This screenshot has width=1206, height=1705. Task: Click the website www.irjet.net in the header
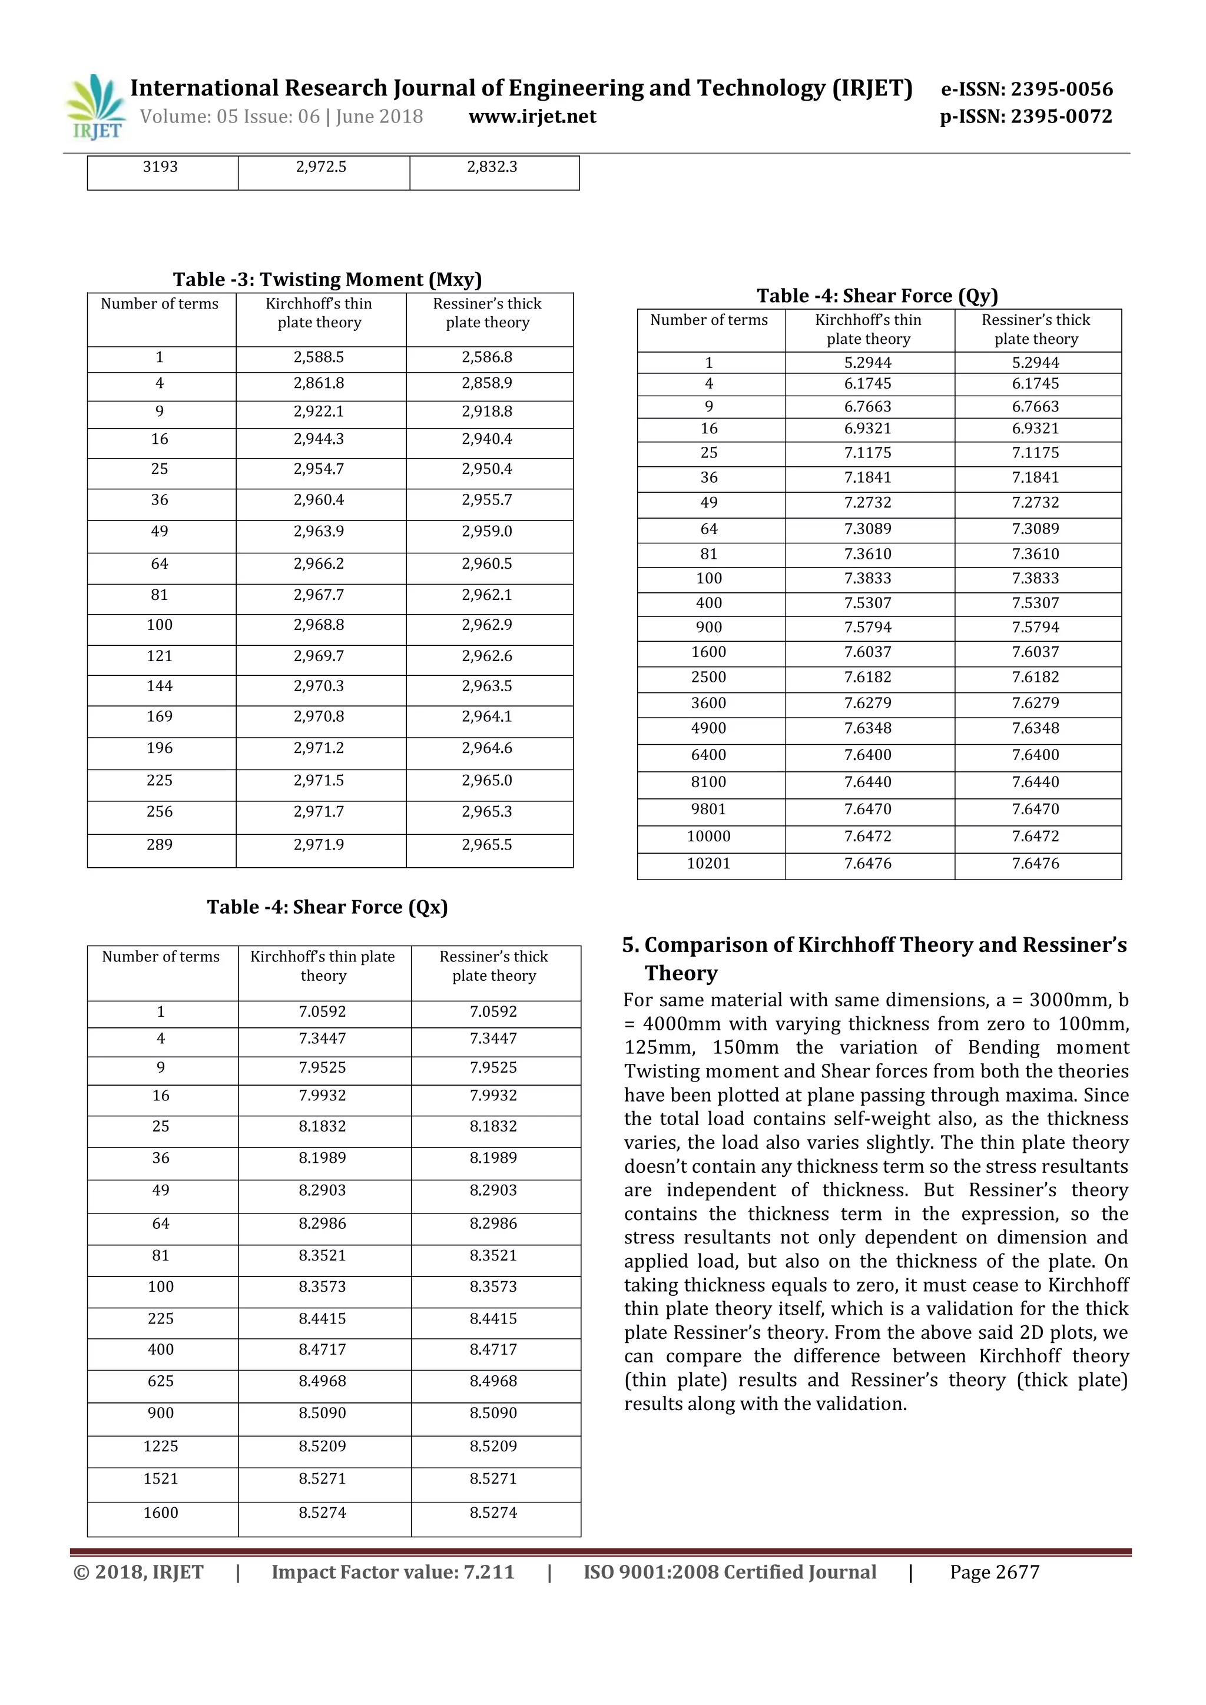click(x=532, y=117)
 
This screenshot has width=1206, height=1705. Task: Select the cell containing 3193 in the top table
click(x=160, y=167)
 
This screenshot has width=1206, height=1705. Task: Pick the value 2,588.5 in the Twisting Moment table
click(x=319, y=357)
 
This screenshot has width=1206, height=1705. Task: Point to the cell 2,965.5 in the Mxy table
click(x=486, y=844)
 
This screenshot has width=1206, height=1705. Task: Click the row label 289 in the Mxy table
click(x=160, y=844)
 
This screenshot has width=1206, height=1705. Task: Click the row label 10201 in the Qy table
click(x=708, y=863)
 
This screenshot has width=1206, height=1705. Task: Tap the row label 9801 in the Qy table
click(x=708, y=809)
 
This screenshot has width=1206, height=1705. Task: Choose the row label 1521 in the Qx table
click(x=161, y=1478)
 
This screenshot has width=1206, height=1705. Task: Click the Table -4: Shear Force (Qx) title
click(x=327, y=907)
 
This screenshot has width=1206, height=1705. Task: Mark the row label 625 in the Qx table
click(x=161, y=1381)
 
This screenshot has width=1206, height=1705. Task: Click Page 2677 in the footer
click(x=995, y=1572)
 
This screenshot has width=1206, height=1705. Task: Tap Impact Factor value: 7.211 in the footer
click(x=393, y=1572)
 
